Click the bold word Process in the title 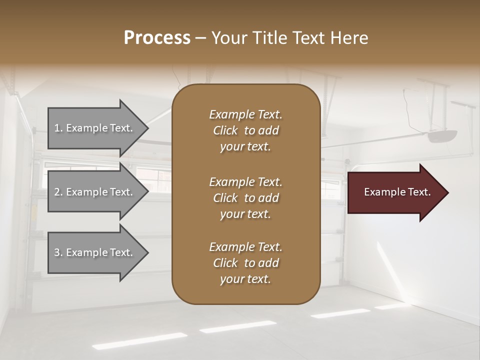coord(157,38)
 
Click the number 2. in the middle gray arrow coord(58,192)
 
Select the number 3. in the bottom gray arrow coord(58,253)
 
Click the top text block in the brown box coord(245,130)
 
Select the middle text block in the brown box coord(245,198)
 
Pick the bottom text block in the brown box coord(245,263)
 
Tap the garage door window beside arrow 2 coord(158,179)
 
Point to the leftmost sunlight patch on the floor coord(139,340)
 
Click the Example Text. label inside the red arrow coord(397,192)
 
